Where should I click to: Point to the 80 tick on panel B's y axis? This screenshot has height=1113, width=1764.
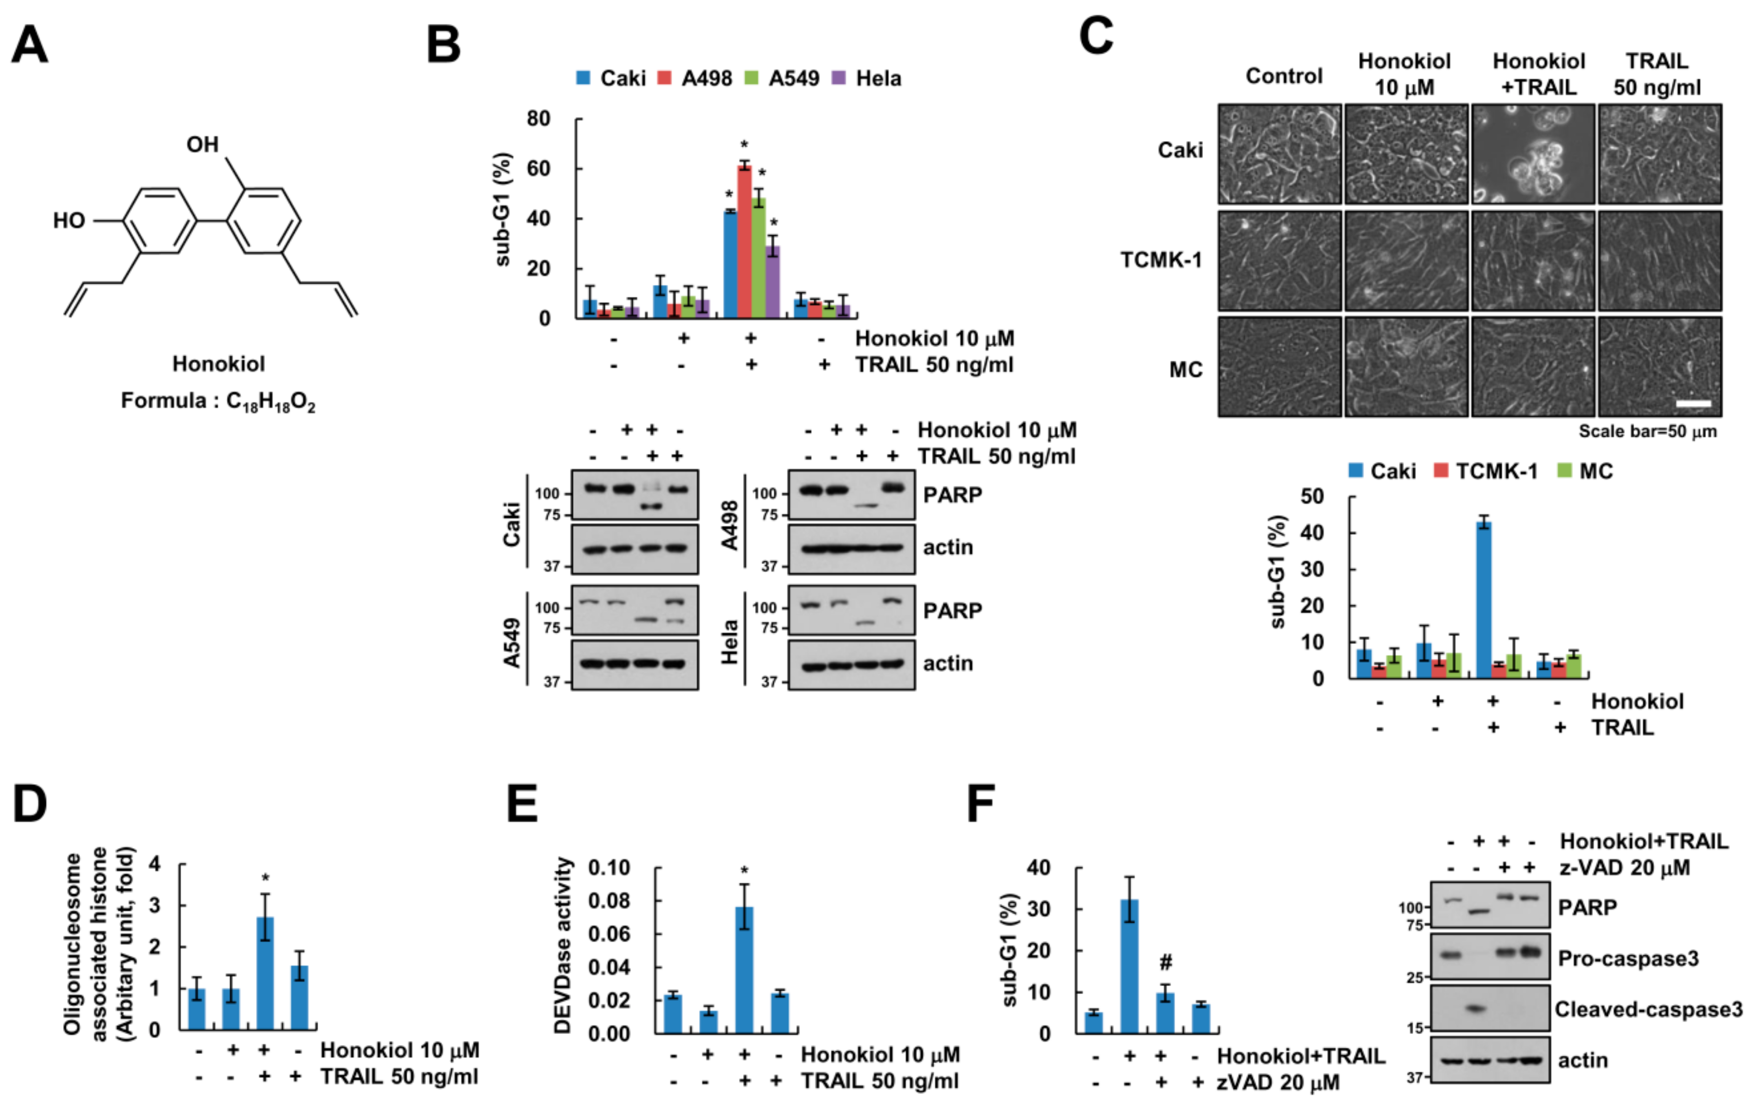(539, 119)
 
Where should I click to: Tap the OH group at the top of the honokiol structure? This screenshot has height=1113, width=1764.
(203, 144)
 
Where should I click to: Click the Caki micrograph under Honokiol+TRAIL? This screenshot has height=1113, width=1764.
(1532, 154)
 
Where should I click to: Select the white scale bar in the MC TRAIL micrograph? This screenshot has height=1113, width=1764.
(1693, 404)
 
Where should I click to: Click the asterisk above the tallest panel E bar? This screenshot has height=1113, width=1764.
(744, 871)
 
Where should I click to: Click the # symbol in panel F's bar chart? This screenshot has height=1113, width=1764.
(1165, 962)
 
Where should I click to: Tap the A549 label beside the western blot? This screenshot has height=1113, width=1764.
(512, 643)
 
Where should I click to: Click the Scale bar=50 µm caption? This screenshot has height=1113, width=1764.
(1647, 431)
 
